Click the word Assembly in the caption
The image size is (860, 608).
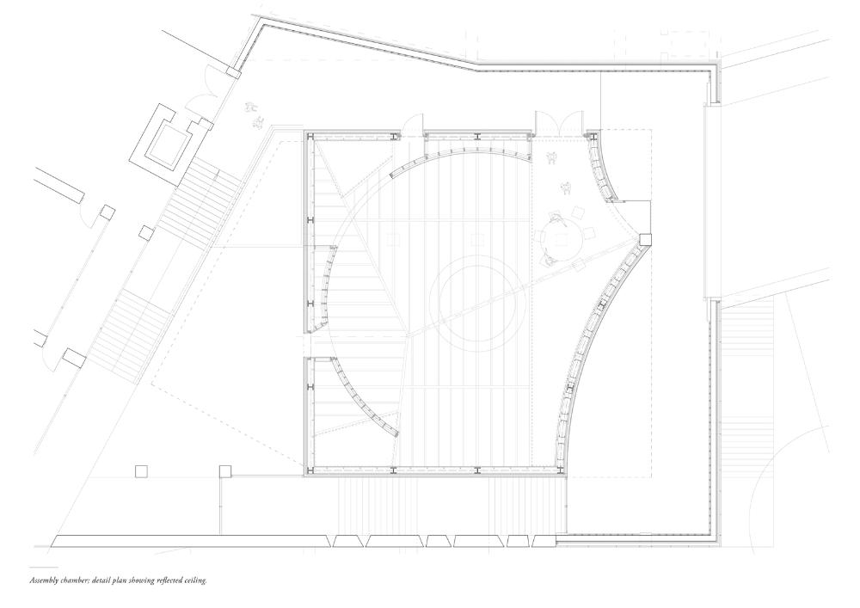43,580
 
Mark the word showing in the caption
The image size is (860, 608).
142,580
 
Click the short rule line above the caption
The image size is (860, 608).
43,567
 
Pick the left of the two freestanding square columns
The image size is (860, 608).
142,471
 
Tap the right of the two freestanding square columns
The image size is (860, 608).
225,471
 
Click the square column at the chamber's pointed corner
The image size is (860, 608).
645,240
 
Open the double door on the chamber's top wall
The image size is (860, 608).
559,122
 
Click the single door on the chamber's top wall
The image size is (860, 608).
413,125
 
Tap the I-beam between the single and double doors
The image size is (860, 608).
478,135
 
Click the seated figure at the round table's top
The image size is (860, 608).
556,218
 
